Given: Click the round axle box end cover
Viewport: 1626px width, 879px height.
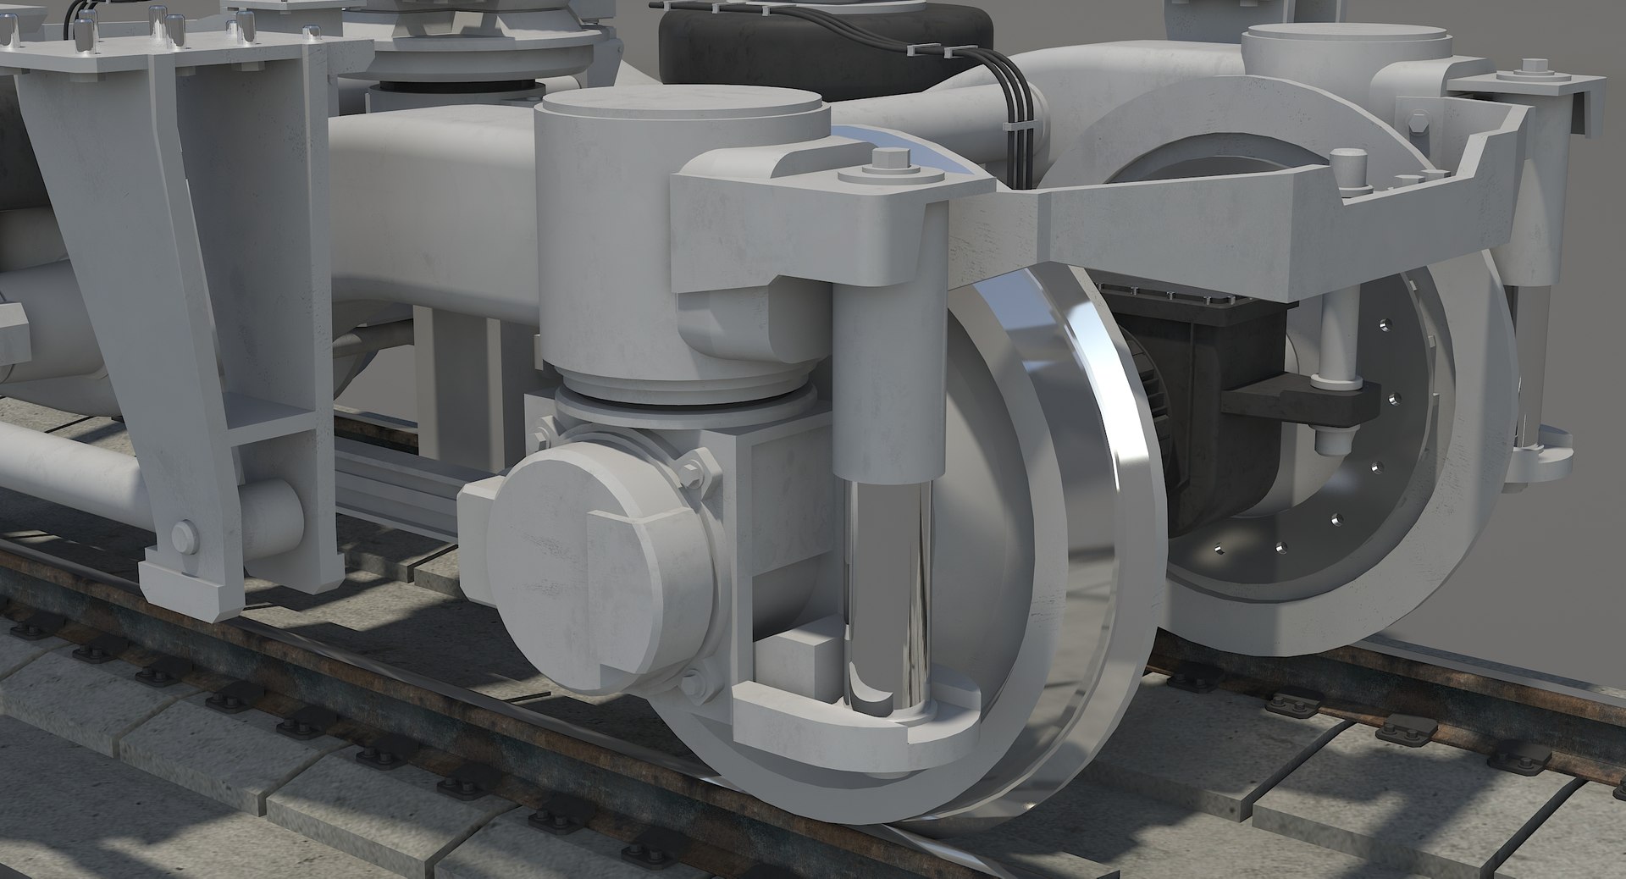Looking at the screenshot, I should [593, 559].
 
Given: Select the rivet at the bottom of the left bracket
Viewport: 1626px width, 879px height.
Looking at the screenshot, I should [182, 533].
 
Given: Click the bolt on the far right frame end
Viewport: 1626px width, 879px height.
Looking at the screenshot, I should [1533, 68].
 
